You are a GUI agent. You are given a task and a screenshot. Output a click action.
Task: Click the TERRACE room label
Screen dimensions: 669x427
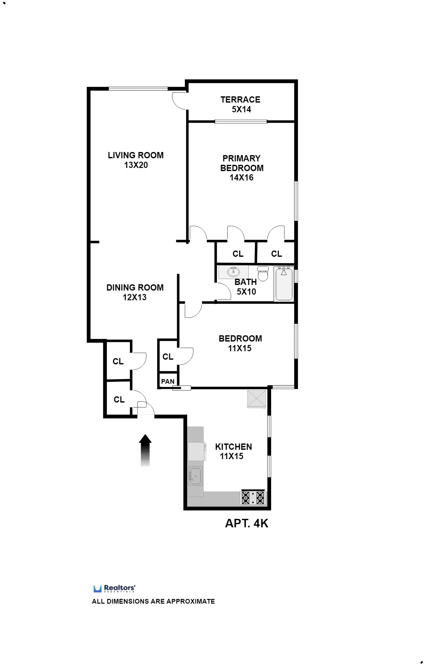point(240,99)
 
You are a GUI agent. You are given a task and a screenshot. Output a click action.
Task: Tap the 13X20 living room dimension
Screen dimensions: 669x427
point(136,165)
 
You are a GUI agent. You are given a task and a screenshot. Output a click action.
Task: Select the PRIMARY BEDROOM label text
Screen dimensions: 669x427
point(241,163)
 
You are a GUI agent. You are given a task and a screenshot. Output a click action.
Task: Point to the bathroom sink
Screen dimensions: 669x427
point(233,272)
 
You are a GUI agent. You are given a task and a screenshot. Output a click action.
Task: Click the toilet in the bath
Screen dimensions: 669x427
point(263,274)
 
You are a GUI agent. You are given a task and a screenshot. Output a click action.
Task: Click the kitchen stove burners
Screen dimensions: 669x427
point(253,498)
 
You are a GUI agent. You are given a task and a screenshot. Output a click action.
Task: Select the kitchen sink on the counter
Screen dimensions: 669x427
point(196,476)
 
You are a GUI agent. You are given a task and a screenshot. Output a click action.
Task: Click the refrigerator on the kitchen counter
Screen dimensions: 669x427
point(196,451)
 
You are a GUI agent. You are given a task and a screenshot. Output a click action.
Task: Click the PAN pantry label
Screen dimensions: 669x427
point(168,382)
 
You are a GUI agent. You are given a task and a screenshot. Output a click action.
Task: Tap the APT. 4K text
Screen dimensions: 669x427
point(246,524)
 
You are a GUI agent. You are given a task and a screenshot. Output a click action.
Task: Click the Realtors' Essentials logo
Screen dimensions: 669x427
point(114,588)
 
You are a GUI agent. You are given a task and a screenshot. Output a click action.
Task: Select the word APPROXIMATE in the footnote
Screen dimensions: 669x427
point(191,601)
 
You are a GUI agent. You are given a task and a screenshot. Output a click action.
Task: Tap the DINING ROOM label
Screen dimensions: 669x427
point(135,287)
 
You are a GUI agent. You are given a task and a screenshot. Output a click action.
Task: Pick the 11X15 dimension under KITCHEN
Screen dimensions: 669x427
point(231,456)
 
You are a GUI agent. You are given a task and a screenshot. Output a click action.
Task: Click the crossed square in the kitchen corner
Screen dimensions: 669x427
point(257,399)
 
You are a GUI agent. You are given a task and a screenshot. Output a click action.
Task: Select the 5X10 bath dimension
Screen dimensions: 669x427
point(246,292)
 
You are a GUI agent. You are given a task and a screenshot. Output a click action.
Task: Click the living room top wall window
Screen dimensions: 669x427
point(138,89)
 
